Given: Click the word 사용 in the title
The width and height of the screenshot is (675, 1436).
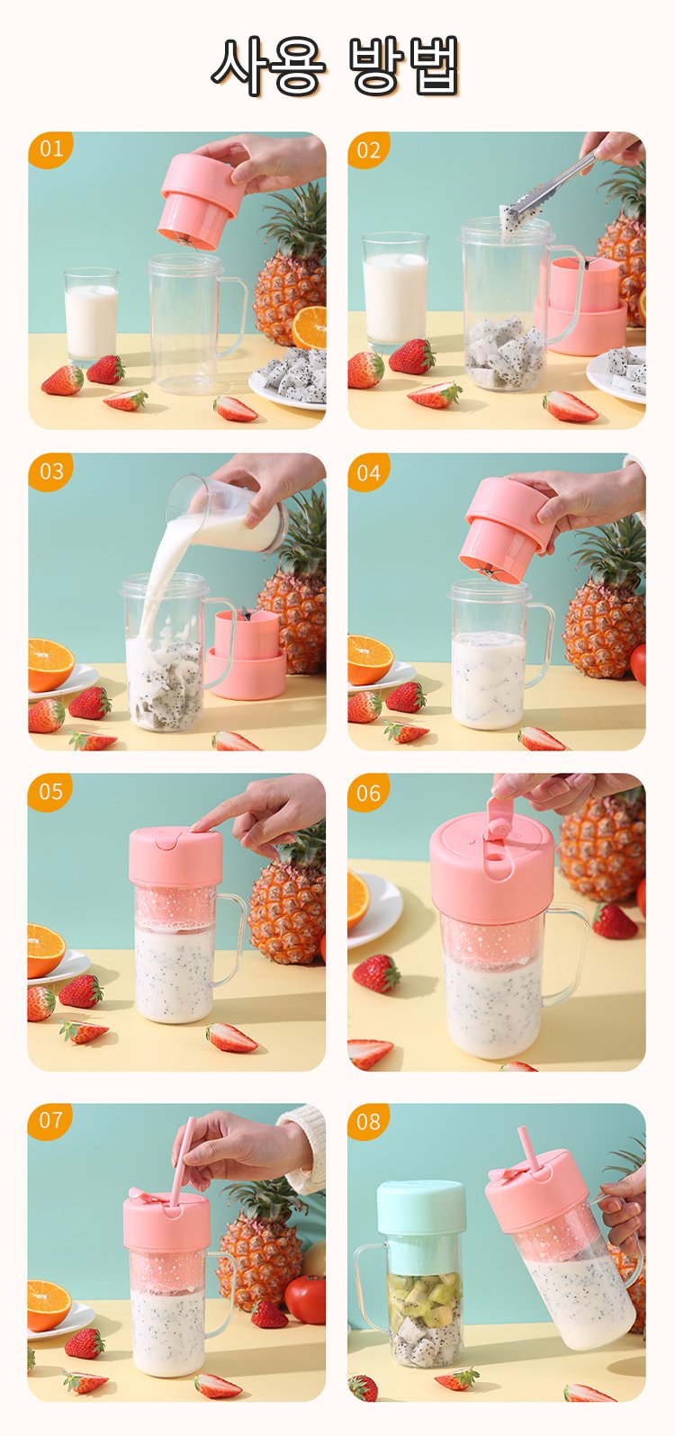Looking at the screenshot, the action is (x=269, y=66).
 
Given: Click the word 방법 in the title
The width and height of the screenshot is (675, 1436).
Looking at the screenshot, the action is (x=405, y=66).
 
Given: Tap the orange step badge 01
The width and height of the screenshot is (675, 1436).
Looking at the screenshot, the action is (x=50, y=150).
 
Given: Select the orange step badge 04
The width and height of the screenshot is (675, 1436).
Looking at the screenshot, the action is (x=369, y=472).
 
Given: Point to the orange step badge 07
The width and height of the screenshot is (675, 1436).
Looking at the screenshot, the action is (x=50, y=1120).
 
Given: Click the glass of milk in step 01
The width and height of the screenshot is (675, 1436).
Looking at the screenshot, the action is (x=91, y=317).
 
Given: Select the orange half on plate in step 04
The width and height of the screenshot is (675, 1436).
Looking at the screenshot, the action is (x=370, y=660).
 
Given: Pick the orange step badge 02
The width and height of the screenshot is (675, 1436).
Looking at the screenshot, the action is (x=369, y=150).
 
